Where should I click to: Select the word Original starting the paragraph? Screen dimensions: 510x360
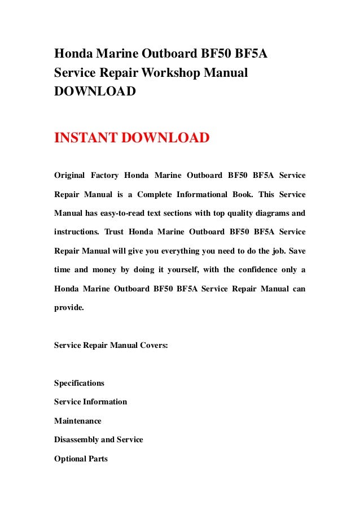coord(70,176)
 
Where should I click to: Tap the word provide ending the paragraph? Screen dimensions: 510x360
coord(68,307)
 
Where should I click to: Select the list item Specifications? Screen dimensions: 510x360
coord(79,383)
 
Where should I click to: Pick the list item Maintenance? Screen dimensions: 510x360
coord(78,421)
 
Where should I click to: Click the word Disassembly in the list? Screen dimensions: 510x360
coord(76,439)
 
